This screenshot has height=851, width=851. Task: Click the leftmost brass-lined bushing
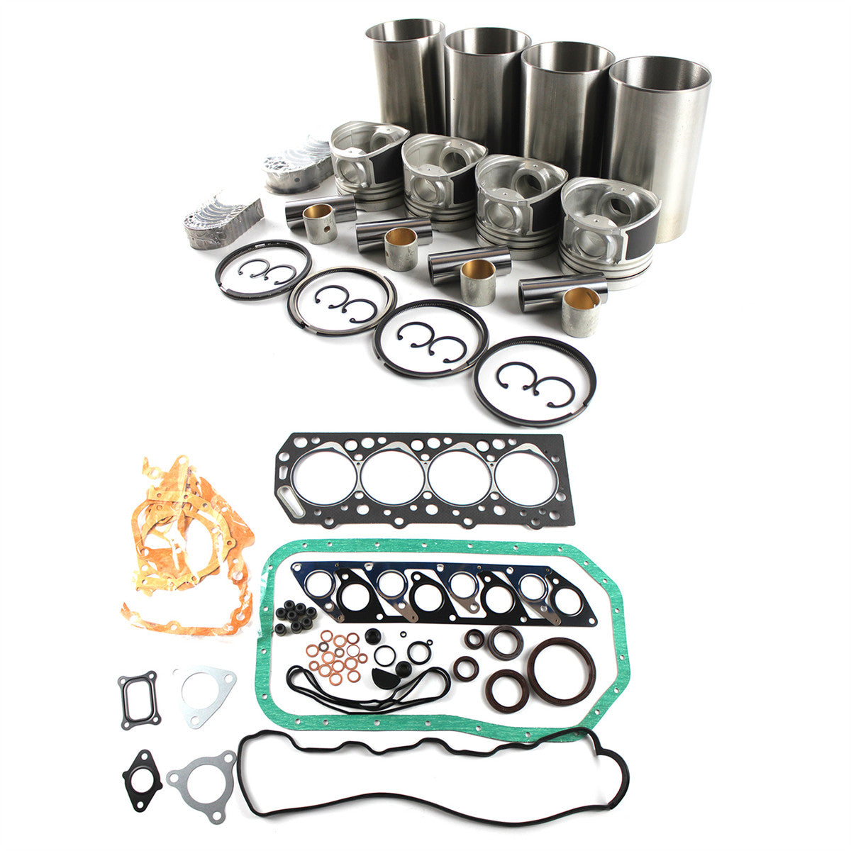(x=319, y=223)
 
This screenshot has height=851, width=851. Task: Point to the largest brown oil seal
(x=561, y=670)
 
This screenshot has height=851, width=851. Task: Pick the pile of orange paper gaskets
(x=188, y=546)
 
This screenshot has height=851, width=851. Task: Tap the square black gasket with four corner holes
(x=138, y=700)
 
